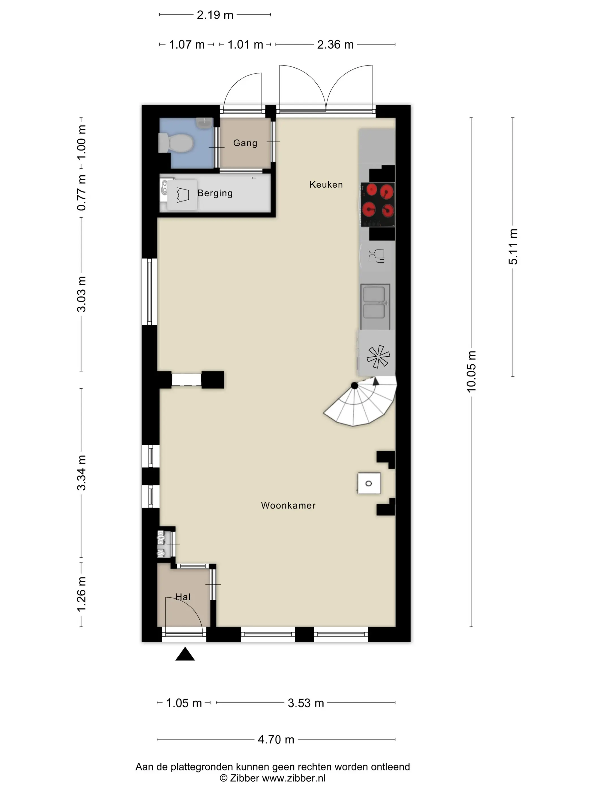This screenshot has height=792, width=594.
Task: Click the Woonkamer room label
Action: (288, 505)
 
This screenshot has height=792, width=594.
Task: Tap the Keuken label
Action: (326, 184)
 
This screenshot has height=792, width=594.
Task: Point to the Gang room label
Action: (245, 143)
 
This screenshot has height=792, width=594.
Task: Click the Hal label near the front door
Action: (183, 597)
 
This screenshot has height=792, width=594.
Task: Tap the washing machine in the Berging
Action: (182, 195)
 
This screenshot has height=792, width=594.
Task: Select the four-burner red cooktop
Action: (378, 205)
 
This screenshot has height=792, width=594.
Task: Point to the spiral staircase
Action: (360, 401)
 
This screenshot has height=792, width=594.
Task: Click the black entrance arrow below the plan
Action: (185, 654)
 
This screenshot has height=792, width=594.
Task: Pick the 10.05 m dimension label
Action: (471, 371)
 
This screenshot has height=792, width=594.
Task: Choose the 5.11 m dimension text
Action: (513, 246)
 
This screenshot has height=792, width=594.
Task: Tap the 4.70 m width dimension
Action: (276, 739)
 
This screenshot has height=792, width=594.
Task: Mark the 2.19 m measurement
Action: (215, 15)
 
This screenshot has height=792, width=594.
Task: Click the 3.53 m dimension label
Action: (306, 703)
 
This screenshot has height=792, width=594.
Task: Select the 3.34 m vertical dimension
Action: (81, 473)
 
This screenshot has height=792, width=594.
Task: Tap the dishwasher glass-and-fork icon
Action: (376, 256)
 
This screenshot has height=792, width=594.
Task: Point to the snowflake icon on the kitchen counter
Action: (378, 357)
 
